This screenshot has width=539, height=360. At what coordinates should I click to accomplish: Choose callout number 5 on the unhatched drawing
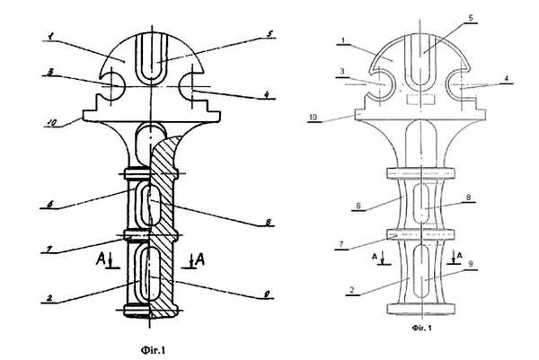(x=473, y=18)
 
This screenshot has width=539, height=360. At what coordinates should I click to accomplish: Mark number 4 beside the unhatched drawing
(x=508, y=79)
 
